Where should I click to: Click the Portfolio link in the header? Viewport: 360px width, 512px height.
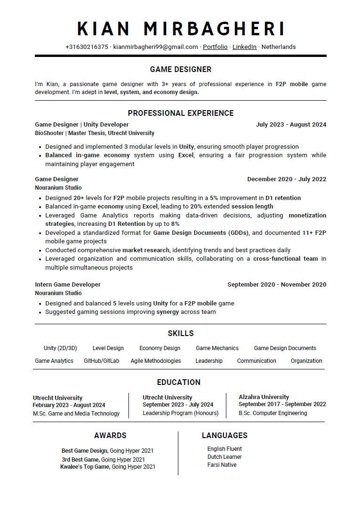(x=215, y=47)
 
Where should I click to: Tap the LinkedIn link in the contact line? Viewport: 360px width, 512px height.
(x=244, y=47)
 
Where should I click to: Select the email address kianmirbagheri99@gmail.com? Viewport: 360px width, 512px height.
(x=155, y=47)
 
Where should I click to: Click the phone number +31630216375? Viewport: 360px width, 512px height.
(x=87, y=47)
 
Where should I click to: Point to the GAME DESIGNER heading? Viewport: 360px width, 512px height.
(x=180, y=70)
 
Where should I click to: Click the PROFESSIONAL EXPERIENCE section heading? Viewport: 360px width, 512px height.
(x=180, y=113)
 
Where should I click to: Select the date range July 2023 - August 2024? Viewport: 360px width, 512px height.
(x=291, y=125)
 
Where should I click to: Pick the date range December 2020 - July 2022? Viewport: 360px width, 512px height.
(x=287, y=179)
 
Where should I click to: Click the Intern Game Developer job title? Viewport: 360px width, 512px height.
(x=68, y=285)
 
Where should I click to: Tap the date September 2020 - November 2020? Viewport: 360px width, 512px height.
(x=277, y=285)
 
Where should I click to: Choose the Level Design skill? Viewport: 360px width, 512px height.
(x=108, y=348)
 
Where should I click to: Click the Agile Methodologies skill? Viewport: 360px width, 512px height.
(x=156, y=361)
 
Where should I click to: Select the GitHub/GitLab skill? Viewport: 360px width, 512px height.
(x=102, y=361)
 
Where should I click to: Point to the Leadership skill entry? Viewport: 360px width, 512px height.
(x=209, y=361)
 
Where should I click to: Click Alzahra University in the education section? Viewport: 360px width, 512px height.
(x=264, y=397)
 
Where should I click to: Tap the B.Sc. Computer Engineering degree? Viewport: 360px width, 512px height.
(x=272, y=413)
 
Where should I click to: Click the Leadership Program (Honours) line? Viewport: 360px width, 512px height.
(x=180, y=413)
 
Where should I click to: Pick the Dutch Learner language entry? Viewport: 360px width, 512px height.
(x=224, y=457)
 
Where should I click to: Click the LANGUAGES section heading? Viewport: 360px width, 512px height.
(x=224, y=436)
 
